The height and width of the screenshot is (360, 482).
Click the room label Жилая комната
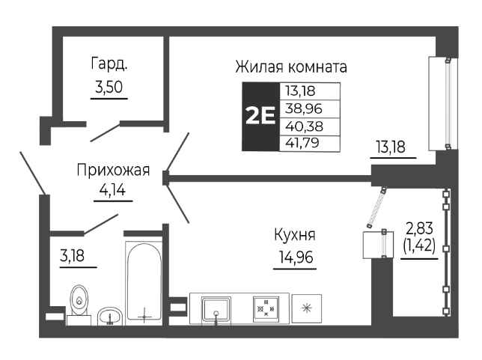click(x=291, y=67)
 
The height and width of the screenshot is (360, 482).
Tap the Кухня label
click(x=293, y=234)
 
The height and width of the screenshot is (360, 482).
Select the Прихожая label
click(x=113, y=171)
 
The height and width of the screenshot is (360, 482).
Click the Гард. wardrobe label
click(x=109, y=64)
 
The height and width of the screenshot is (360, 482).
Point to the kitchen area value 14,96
click(x=293, y=259)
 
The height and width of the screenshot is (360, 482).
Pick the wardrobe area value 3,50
click(x=109, y=88)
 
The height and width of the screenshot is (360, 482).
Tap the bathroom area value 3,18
click(x=73, y=255)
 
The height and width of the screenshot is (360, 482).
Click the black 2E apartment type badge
click(x=260, y=116)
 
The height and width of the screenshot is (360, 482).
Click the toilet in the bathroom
click(x=78, y=304)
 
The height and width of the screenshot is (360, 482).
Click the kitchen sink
click(x=216, y=308)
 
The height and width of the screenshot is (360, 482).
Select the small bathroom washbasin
click(x=111, y=314)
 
